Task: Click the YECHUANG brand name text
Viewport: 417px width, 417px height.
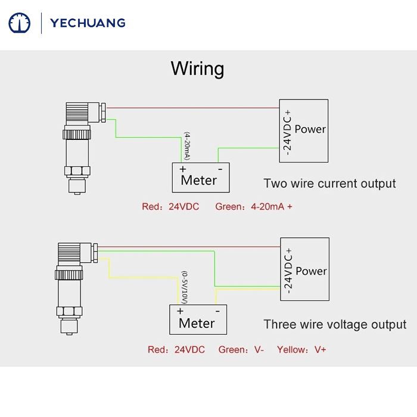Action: pyautogui.click(x=88, y=23)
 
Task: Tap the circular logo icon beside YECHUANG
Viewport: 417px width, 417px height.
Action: pyautogui.click(x=19, y=23)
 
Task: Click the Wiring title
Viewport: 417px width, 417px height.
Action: pyautogui.click(x=197, y=68)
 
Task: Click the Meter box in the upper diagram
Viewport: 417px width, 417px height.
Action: pyautogui.click(x=200, y=177)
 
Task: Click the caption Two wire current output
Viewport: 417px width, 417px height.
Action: pyautogui.click(x=329, y=183)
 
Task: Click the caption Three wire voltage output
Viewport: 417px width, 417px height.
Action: pyautogui.click(x=335, y=325)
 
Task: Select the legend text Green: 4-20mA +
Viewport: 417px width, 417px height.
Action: pyautogui.click(x=254, y=207)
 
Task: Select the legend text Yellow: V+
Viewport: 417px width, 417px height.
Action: pyautogui.click(x=301, y=350)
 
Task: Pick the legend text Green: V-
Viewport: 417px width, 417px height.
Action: pyautogui.click(x=241, y=350)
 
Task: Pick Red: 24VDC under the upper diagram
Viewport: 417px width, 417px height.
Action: pyautogui.click(x=170, y=207)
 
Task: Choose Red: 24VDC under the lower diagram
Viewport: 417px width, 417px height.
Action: pyautogui.click(x=176, y=350)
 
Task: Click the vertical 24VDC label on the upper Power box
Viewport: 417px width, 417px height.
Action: pyautogui.click(x=287, y=132)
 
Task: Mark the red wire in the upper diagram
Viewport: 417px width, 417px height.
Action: pyautogui.click(x=191, y=108)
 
